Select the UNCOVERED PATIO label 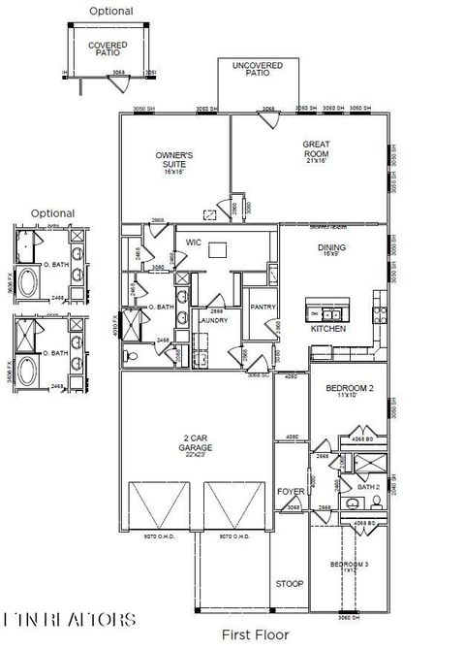(x=257, y=69)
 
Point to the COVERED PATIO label (x=108, y=49)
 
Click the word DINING (x=332, y=247)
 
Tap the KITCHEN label (x=327, y=329)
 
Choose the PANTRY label (x=263, y=308)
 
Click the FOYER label (x=291, y=492)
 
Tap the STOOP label (x=290, y=584)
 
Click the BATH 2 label (x=368, y=487)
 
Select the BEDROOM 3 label (x=349, y=564)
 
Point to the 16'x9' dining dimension (x=332, y=255)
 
